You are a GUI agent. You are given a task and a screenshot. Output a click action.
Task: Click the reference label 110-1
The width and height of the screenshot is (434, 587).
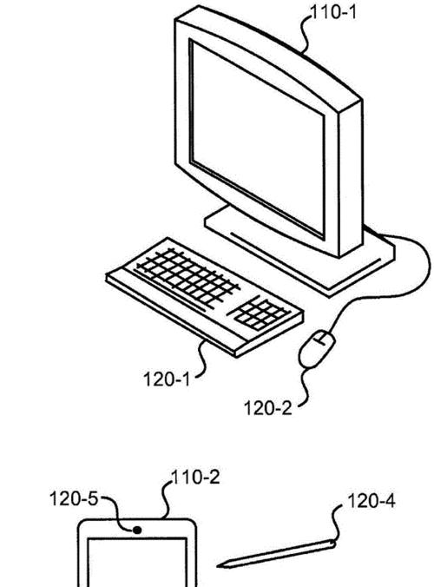click(x=333, y=13)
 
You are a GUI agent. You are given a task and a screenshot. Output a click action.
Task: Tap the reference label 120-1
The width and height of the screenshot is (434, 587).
click(x=167, y=379)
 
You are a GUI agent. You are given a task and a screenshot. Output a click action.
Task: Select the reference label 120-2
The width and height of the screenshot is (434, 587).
click(x=267, y=407)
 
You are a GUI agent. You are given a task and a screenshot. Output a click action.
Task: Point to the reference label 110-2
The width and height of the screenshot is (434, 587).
click(x=195, y=478)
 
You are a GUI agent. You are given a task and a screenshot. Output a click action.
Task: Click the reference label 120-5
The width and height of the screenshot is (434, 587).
click(x=73, y=498)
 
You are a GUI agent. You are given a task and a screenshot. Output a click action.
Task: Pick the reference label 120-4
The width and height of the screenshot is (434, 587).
click(x=372, y=500)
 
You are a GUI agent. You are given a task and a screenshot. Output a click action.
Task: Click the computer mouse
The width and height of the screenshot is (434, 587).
click(x=317, y=349)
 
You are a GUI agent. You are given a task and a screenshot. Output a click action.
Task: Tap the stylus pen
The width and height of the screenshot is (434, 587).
click(x=276, y=554)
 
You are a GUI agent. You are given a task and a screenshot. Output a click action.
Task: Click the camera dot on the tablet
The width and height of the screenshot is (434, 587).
click(x=137, y=530)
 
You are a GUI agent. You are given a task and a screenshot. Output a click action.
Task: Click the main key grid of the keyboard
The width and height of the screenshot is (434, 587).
click(x=187, y=276)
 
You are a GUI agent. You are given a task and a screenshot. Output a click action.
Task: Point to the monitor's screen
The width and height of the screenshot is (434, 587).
click(x=257, y=139)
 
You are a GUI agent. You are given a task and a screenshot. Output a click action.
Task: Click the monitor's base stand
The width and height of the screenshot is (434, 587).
click(x=299, y=254)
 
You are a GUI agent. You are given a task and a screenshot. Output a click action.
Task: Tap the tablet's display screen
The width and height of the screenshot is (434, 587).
click(x=137, y=563)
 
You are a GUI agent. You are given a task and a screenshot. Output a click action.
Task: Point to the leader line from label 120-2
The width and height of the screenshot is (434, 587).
click(x=304, y=386)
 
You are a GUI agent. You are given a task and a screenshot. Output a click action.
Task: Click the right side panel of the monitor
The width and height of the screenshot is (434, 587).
click(x=351, y=179)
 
